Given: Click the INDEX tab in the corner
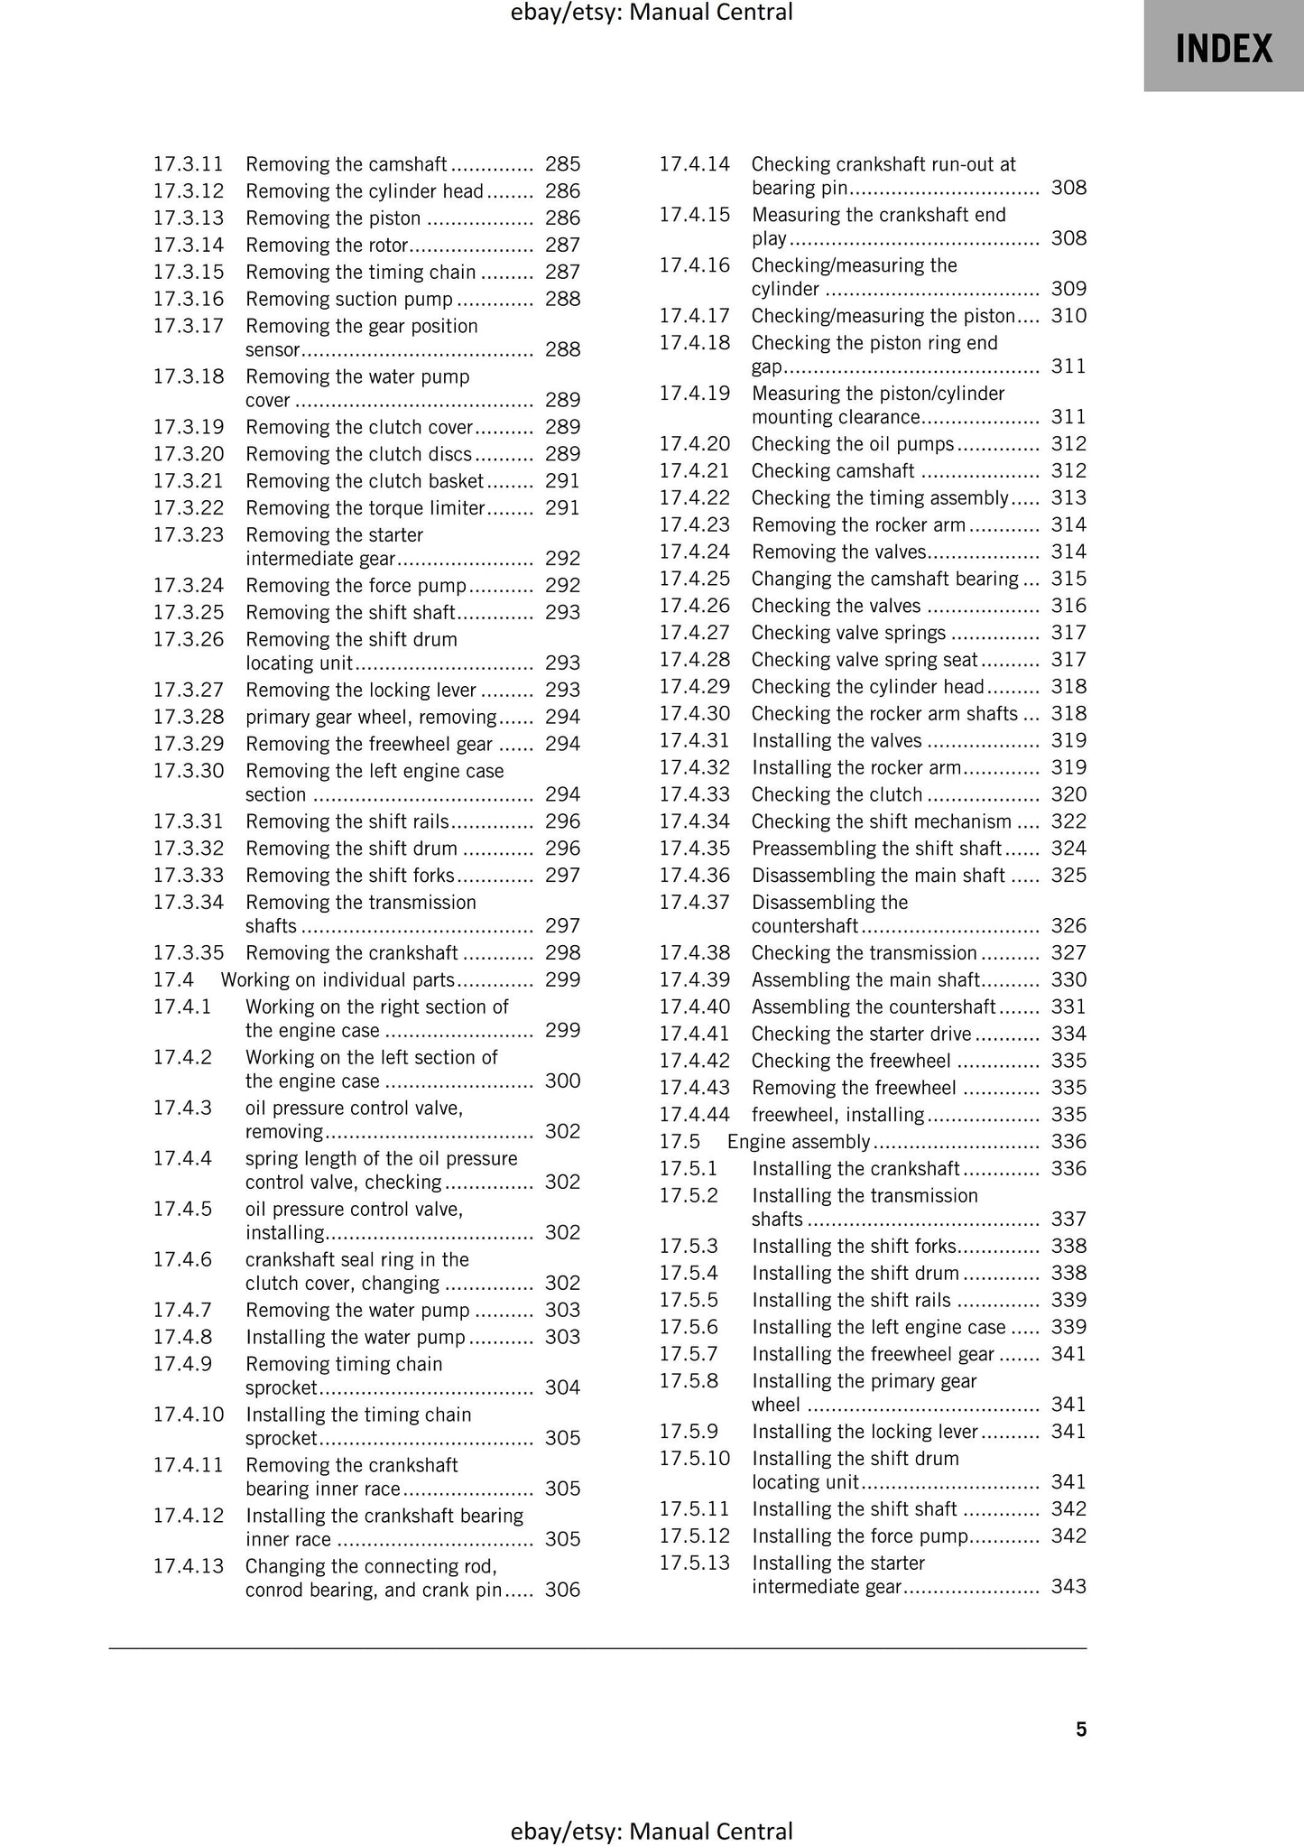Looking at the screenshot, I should coord(1223,47).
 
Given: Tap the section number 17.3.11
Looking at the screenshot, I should coord(188,164).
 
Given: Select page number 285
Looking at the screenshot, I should coord(562,164).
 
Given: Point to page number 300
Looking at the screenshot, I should coord(562,1081).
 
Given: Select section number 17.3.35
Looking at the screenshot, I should coord(188,952).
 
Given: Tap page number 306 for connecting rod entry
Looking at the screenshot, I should coord(562,1590).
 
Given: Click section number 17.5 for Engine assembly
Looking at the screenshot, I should coord(680,1141).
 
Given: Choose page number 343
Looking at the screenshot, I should coord(1068,1586).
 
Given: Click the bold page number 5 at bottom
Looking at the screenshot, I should coord(1081,1729).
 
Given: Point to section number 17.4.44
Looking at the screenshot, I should coord(694,1114).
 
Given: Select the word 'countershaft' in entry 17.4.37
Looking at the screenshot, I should coord(804,926).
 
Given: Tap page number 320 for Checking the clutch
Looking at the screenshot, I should coord(1068,794).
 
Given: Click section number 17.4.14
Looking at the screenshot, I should coord(694,164).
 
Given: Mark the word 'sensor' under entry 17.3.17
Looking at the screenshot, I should coord(273,350).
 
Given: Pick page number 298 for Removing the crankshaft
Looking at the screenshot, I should coord(562,952).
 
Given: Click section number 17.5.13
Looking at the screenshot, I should coord(694,1563).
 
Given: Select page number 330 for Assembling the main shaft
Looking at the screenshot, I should coord(1068,979).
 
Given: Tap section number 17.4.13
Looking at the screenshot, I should coord(188,1566).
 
